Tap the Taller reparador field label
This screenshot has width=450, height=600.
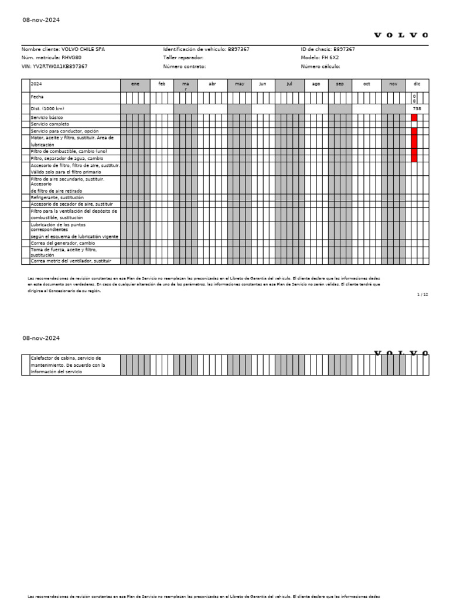coord(183,58)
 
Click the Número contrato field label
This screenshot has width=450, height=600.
coord(185,67)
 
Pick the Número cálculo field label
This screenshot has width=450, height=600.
coord(320,67)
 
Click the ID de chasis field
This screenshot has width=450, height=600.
coord(328,50)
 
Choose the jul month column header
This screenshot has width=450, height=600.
coord(289,84)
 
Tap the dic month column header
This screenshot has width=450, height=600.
coord(417,84)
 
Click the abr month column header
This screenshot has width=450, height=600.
coord(212,84)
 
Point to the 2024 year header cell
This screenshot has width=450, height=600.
coord(36,84)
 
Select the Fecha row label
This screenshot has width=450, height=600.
coord(37,97)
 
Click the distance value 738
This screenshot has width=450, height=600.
coord(417,109)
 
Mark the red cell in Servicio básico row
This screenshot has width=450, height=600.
coord(414,118)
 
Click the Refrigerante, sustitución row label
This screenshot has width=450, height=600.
coord(57,198)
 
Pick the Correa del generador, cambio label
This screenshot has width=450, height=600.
coord(63,243)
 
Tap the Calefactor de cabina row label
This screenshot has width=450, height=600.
coord(66,358)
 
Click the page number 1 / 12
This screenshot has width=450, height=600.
coord(422,294)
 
